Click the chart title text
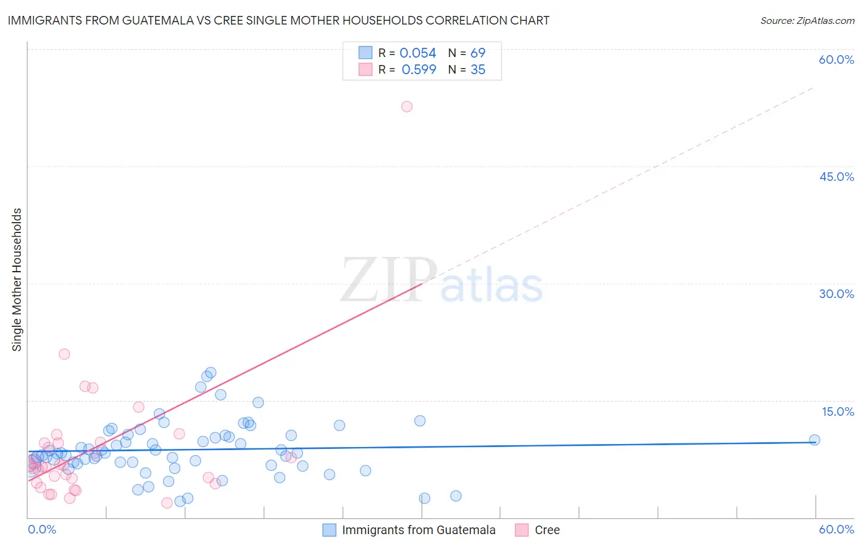coord(278,20)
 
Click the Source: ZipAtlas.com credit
coord(807,20)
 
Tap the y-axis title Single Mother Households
coord(17,280)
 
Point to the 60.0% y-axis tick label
coord(836,59)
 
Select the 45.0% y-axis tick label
coord(836,177)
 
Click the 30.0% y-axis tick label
coord(836,294)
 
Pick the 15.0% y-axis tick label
coord(837,411)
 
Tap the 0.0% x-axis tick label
coord(42,529)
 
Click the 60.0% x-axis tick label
coord(836,529)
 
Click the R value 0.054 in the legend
coord(418,53)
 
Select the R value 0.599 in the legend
coord(419,70)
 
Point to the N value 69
coord(478,53)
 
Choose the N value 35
coord(478,70)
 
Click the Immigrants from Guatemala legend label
coord(418,530)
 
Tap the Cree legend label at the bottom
coord(547,530)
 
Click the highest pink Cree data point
coord(406,107)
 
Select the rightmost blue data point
coord(814,440)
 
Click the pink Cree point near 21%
coord(64,354)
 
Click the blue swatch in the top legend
coord(365,53)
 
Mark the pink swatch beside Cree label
coord(522,530)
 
